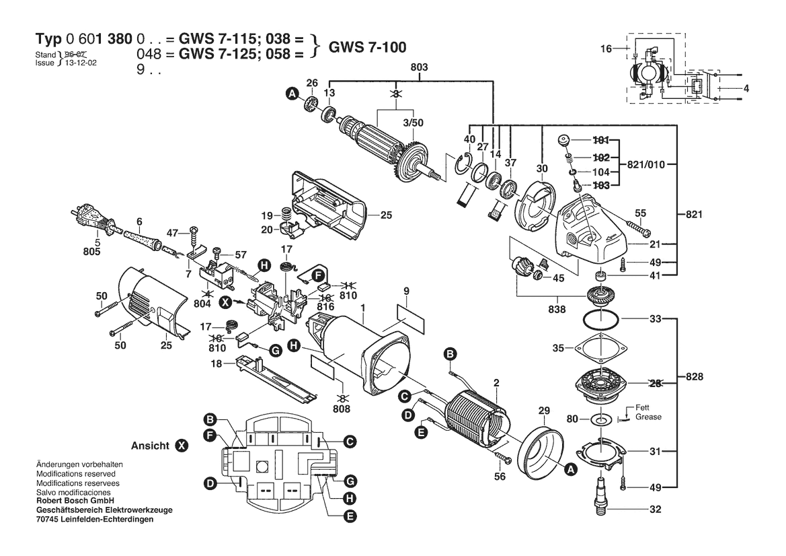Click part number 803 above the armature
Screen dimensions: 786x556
tap(419, 67)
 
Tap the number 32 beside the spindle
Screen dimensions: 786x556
tap(655, 510)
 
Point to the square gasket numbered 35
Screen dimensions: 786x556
tap(598, 349)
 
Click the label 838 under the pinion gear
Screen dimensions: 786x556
tap(557, 310)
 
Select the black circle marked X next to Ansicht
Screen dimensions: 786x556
tap(182, 446)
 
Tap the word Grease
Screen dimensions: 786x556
tap(648, 417)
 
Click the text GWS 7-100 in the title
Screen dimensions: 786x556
tap(367, 47)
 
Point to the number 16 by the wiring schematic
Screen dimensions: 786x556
tap(606, 48)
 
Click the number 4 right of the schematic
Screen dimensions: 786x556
tap(746, 88)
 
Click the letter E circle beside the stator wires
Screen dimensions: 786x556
tap(422, 432)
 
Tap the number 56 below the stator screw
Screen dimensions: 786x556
tap(500, 476)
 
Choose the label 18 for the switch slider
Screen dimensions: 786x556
tap(216, 363)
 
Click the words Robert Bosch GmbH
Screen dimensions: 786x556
tap(75, 501)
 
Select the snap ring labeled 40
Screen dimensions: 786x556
tap(463, 166)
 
